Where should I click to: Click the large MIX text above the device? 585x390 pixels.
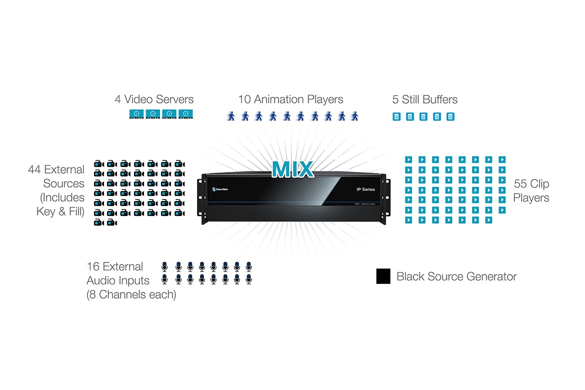(x=293, y=169)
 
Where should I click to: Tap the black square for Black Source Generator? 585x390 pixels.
(x=383, y=276)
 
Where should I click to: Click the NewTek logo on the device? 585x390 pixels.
(x=220, y=189)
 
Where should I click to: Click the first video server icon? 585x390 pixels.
(x=136, y=114)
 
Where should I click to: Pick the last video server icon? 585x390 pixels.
(x=186, y=114)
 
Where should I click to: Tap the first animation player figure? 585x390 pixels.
(x=231, y=116)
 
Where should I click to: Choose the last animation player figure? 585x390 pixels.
(x=355, y=116)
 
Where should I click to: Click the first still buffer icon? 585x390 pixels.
(x=396, y=116)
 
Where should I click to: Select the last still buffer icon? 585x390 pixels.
(x=450, y=116)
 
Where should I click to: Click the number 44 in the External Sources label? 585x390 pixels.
(x=34, y=169)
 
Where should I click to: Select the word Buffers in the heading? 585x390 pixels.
(x=439, y=99)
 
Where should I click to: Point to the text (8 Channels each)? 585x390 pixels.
(x=131, y=294)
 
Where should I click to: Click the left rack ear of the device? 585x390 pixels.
(x=204, y=199)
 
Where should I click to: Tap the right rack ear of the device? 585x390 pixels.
(x=385, y=199)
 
